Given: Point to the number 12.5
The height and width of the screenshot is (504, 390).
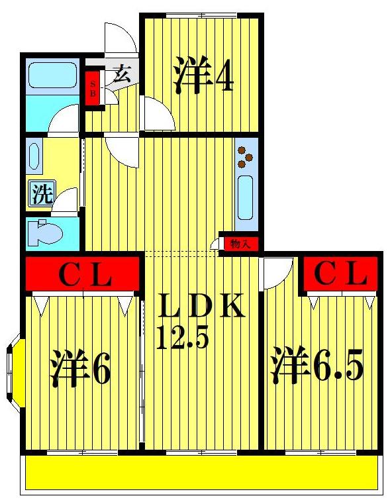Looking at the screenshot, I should [183, 338].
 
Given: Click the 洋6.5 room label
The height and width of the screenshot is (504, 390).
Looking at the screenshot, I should [317, 366].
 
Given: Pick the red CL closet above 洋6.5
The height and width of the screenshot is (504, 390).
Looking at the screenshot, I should [340, 274].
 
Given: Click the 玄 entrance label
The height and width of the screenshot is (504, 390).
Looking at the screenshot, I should [121, 73].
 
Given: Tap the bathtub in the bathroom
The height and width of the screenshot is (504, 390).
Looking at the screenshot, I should [52, 74].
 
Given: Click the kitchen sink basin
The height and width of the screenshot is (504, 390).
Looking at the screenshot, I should [245, 197].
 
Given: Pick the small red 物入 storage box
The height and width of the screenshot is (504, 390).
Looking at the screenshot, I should [239, 244].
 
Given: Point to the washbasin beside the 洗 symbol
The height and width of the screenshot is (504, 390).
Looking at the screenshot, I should [35, 159].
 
